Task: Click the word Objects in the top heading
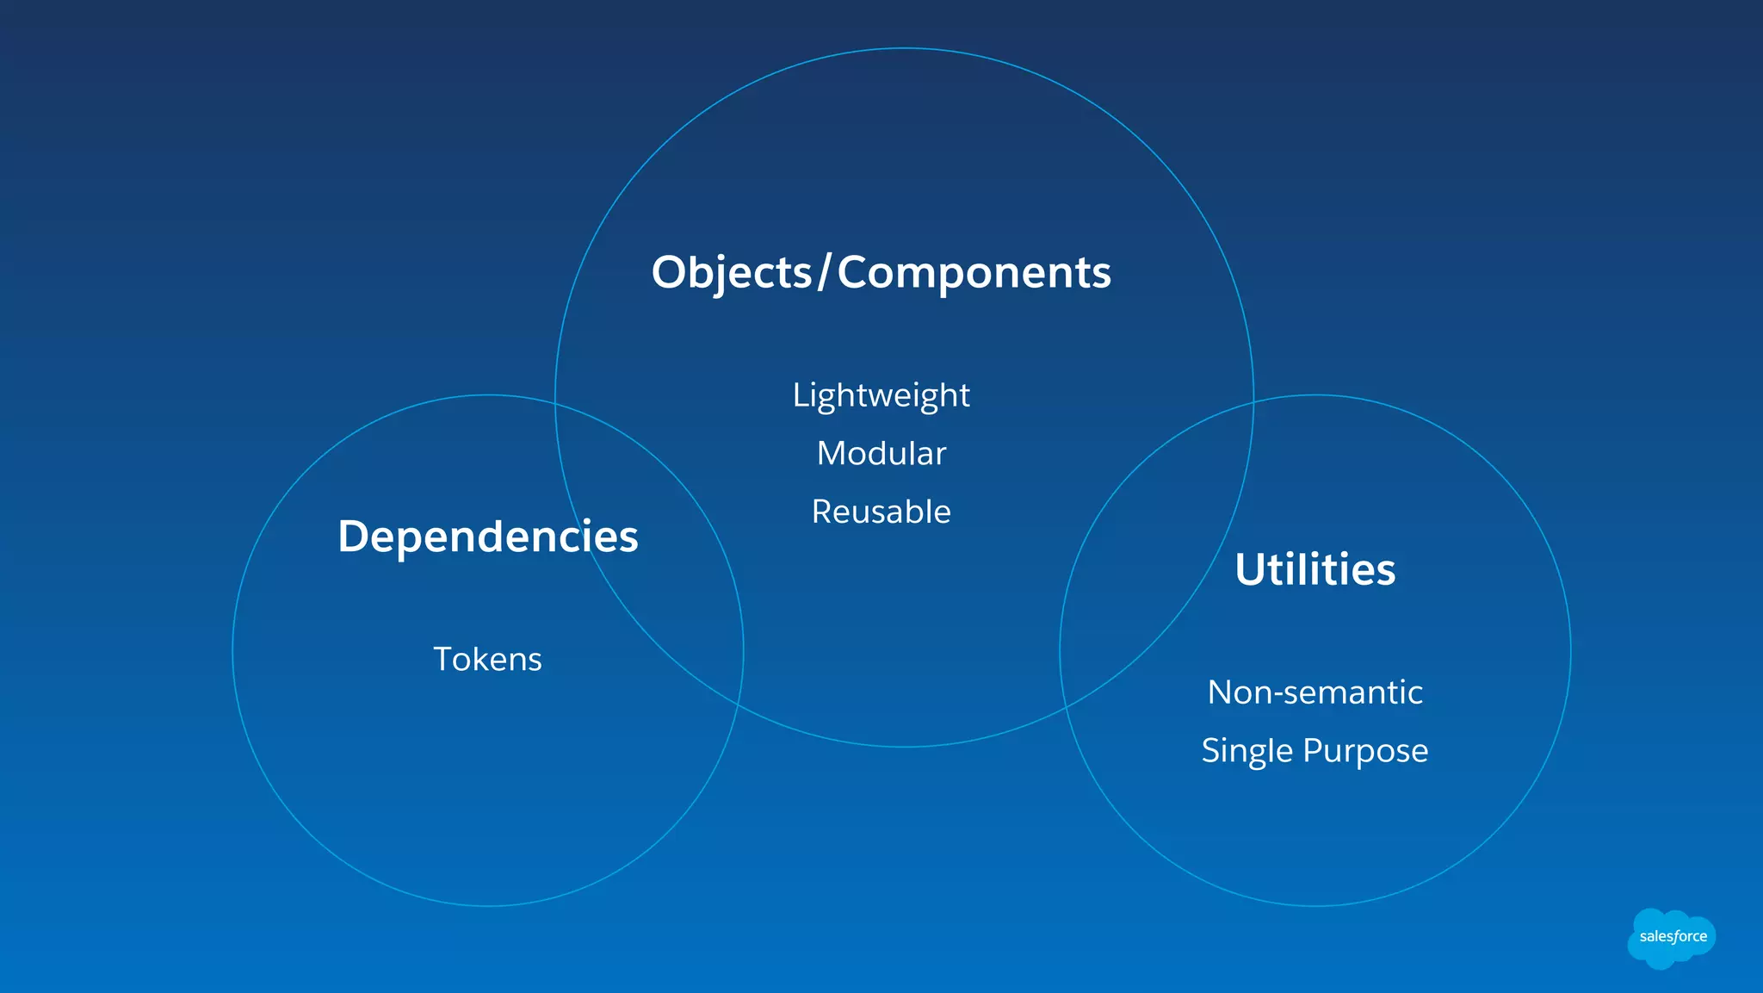(732, 273)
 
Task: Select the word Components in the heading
(974, 273)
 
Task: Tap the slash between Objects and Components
(824, 273)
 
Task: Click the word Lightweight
(881, 395)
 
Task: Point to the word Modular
(881, 453)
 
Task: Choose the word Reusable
(881, 512)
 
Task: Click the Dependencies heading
(487, 537)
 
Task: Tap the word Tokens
(487, 659)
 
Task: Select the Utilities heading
(1315, 569)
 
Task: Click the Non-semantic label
(1315, 692)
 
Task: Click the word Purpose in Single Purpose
(1365, 751)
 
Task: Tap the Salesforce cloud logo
(1671, 938)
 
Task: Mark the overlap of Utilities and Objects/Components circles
(1154, 560)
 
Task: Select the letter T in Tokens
(443, 659)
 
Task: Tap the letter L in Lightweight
(800, 395)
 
